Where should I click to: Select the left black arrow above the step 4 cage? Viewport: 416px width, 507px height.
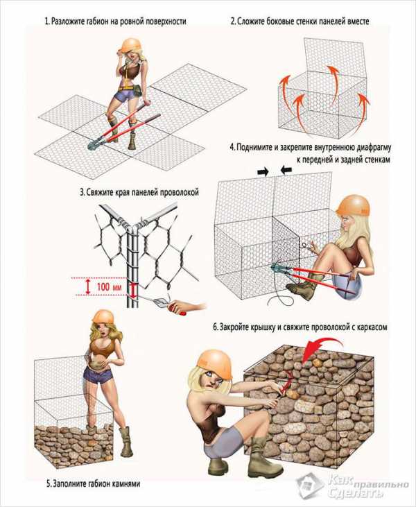pyautogui.click(x=263, y=172)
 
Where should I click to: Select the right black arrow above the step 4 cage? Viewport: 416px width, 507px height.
pyautogui.click(x=286, y=170)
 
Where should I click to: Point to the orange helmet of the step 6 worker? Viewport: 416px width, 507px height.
pyautogui.click(x=215, y=363)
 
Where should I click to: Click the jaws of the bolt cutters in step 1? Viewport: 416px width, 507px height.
pyautogui.click(x=94, y=144)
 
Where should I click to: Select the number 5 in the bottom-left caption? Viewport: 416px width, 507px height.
pyautogui.click(x=49, y=484)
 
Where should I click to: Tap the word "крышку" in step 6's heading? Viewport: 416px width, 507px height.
pyautogui.click(x=263, y=327)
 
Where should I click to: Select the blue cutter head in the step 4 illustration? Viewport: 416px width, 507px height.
pyautogui.click(x=277, y=267)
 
